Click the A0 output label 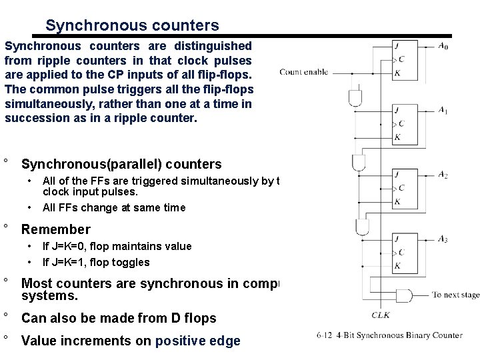[x=443, y=47]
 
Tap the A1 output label [x=443, y=110]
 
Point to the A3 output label [x=443, y=238]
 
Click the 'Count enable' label [x=303, y=71]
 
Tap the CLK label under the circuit [x=381, y=315]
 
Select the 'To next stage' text [x=455, y=294]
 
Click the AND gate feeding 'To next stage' [x=405, y=295]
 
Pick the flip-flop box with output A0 [x=406, y=61]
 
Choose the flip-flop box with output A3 [x=406, y=251]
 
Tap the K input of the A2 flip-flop [x=397, y=201]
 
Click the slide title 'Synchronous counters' [x=132, y=25]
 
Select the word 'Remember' [x=56, y=230]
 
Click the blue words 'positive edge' [x=197, y=341]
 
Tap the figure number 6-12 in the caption [x=326, y=335]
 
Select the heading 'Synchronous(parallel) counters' [x=121, y=164]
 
